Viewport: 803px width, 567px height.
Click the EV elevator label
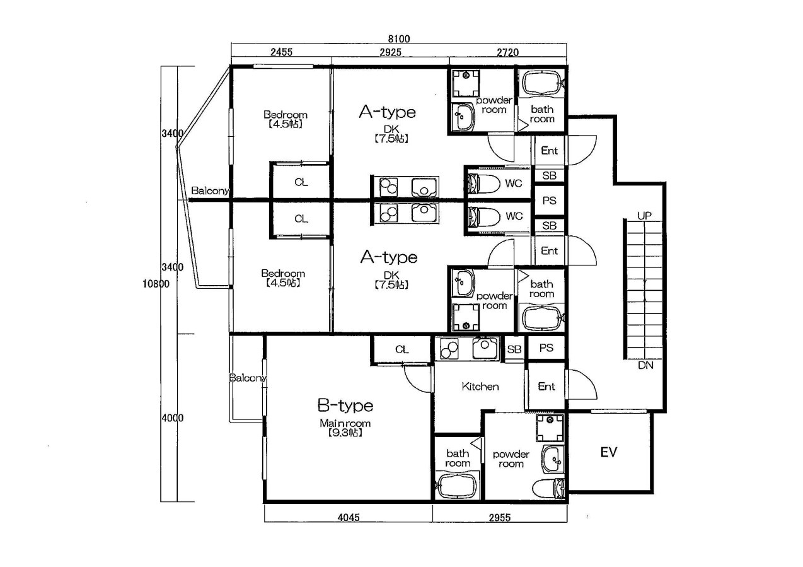[x=609, y=453]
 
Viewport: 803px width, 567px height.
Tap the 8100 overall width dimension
[x=399, y=38]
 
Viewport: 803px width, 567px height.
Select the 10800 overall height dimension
[x=156, y=284]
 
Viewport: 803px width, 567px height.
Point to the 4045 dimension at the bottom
[x=349, y=518]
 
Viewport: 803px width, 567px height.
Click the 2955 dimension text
[x=500, y=518]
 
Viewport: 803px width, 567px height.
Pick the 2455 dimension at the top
[x=281, y=52]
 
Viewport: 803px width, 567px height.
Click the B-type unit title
[x=345, y=406]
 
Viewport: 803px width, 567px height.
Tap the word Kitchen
[x=480, y=387]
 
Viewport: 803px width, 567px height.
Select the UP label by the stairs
[x=644, y=216]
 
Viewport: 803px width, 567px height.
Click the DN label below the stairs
[x=645, y=365]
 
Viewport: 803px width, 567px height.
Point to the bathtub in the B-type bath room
[x=458, y=486]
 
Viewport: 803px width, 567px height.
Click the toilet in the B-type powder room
[x=549, y=488]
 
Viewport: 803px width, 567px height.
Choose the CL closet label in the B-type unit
[x=402, y=349]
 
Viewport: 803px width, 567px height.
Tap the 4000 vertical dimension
[x=173, y=418]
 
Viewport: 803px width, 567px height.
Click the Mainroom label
[x=345, y=424]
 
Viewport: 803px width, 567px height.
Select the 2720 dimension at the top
[x=507, y=52]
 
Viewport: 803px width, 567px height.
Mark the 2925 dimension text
[x=390, y=52]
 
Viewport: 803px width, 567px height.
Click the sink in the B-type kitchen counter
[x=485, y=348]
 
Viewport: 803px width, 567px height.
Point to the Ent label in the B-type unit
[x=546, y=386]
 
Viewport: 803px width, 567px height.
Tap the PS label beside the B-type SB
[x=546, y=348]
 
